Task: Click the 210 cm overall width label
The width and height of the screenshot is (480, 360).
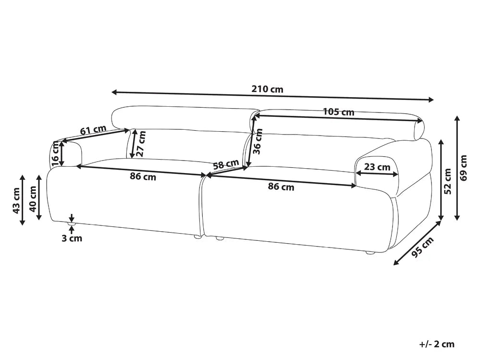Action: (x=267, y=89)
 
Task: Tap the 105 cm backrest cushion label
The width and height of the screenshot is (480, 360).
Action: (x=339, y=112)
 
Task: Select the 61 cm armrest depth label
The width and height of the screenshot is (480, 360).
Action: (x=93, y=130)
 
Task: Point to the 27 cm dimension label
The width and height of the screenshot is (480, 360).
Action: (x=141, y=143)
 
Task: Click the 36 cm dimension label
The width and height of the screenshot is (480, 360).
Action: (x=258, y=141)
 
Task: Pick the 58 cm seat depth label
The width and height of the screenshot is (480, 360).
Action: (x=226, y=164)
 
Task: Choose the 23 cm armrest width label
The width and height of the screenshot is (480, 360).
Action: (x=377, y=167)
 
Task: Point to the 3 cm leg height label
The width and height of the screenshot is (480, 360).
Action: (x=72, y=238)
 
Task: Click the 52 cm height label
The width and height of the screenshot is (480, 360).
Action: (x=447, y=181)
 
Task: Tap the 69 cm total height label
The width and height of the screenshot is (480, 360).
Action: (x=464, y=168)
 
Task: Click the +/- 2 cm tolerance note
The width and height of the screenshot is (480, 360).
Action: (x=437, y=344)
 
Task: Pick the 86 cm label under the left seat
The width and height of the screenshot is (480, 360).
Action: (x=143, y=176)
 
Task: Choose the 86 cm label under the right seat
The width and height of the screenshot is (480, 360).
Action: (x=281, y=186)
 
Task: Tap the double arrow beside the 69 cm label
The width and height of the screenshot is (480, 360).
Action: (x=457, y=168)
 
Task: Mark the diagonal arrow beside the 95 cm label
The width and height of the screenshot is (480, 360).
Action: (x=418, y=243)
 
